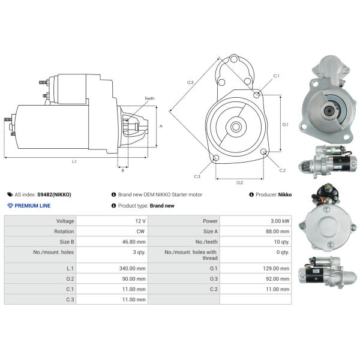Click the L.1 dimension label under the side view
coord(74,161)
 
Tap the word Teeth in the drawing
coord(149,98)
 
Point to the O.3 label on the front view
coord(190,82)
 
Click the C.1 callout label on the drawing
coord(277,76)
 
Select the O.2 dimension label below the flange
coord(239,182)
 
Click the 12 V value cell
coord(140,221)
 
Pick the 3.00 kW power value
coord(280,221)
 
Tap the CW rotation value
coord(140,231)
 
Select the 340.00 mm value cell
coord(133,268)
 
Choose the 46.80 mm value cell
coord(135,242)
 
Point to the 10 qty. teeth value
coord(281,242)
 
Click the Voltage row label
coord(65,221)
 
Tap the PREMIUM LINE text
coord(32,205)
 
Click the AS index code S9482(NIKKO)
coord(54,194)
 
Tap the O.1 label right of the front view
coord(285,125)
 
